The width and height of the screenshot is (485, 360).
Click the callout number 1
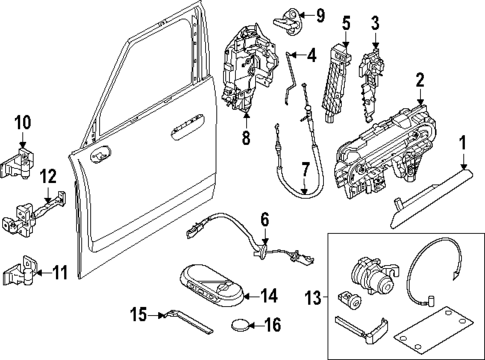click(463, 155)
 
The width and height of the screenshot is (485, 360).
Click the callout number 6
click(264, 219)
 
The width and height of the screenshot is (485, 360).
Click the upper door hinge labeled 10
click(24, 153)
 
